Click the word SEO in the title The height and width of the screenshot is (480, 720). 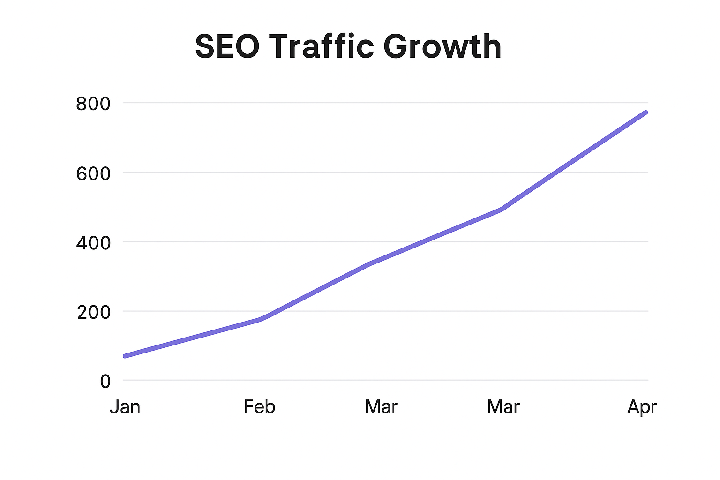(227, 46)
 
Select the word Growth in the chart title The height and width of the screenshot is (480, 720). (442, 46)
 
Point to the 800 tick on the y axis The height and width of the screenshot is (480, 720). (93, 104)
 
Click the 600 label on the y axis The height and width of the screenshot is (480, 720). (93, 173)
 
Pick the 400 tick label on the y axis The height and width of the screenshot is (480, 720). (93, 243)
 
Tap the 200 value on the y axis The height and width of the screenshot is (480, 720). (94, 312)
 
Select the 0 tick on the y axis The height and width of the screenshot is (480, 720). (105, 381)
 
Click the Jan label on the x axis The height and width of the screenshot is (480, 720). (125, 406)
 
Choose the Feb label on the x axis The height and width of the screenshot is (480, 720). (259, 406)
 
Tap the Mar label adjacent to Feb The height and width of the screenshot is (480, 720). (381, 406)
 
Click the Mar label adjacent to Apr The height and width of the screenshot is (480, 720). (503, 406)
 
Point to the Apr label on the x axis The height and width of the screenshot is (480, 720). (642, 407)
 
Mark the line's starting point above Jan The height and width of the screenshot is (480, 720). (125, 356)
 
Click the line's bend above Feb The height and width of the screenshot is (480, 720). (261, 319)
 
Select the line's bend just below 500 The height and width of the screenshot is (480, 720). (502, 209)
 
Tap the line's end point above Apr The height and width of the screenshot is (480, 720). (645, 112)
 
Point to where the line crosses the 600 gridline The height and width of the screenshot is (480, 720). (557, 172)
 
